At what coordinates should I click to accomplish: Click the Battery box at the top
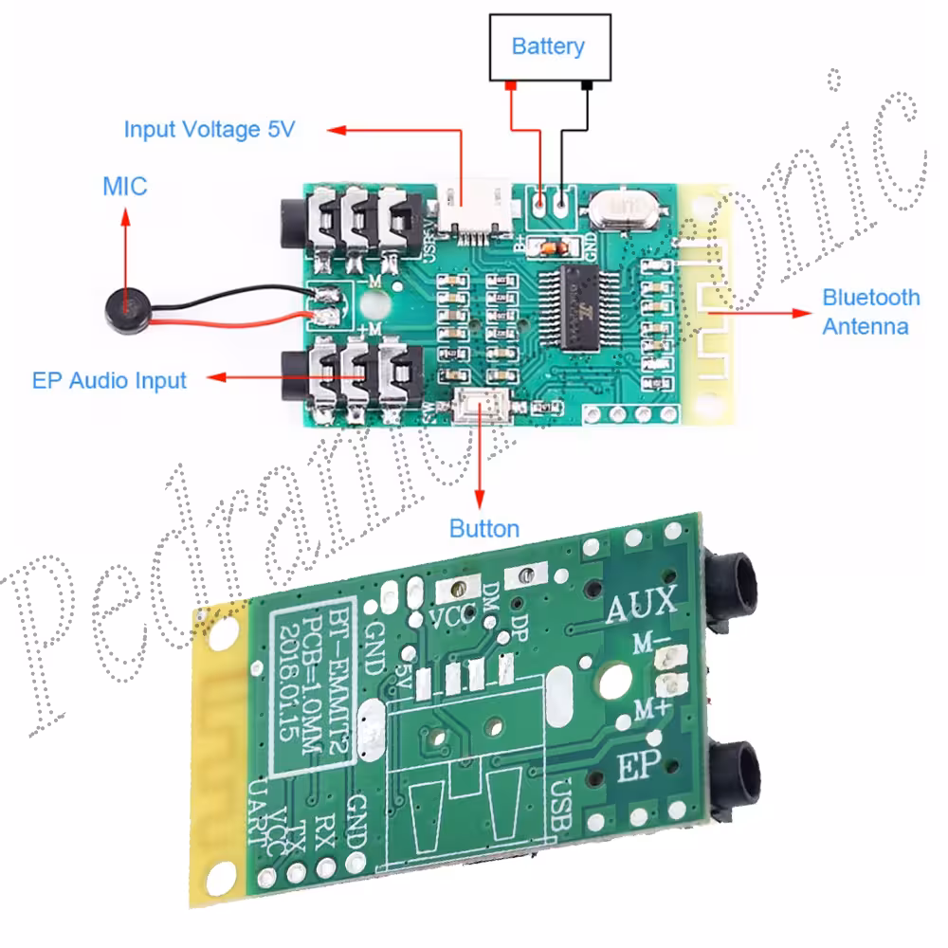549,47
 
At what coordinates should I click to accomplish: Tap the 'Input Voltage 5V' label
210,129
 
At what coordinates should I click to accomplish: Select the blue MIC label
125,186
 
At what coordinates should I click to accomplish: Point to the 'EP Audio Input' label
109,381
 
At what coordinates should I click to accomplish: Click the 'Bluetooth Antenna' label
870,312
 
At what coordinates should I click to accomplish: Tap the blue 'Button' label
483,529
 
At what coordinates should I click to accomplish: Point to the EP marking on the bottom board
638,764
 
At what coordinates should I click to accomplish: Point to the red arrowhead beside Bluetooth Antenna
805,312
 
